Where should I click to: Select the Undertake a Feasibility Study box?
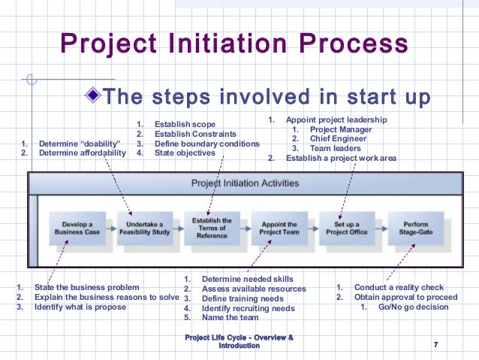[144, 228]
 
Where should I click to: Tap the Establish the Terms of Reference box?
[212, 228]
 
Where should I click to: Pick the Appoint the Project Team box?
[279, 228]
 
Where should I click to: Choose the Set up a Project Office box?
[347, 228]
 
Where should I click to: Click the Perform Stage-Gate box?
[416, 228]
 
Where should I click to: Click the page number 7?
[435, 344]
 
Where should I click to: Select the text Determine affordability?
[83, 153]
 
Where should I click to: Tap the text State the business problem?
[86, 287]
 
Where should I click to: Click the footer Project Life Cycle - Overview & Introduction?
[239, 340]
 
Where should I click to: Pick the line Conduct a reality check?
[399, 287]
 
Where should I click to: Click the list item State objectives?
[185, 153]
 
